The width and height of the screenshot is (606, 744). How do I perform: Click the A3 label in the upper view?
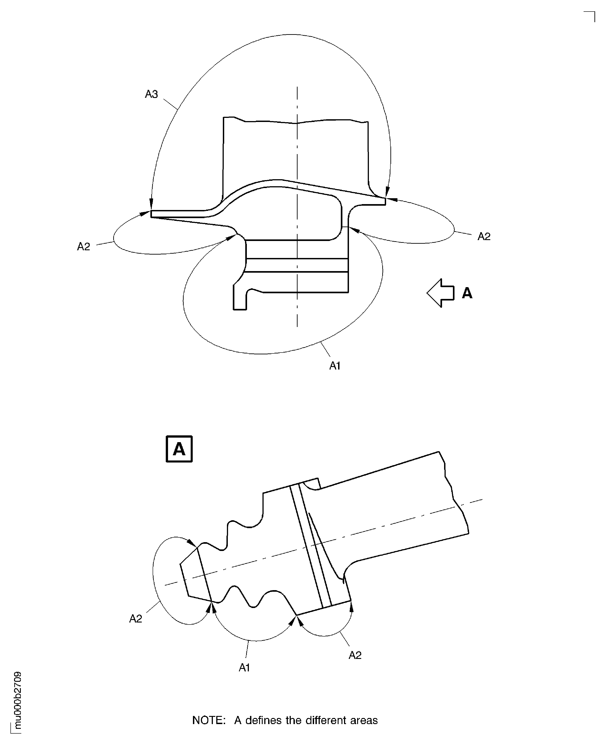151,94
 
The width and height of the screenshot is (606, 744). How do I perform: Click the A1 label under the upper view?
335,365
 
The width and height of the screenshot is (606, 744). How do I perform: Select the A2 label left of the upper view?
83,247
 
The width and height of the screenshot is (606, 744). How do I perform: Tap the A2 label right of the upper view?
484,236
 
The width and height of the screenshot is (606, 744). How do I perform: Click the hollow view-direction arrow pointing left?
440,293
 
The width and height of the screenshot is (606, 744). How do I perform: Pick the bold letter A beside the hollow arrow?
467,293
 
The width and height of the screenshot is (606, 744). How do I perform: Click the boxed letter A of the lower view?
179,449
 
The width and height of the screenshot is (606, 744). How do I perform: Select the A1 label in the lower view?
244,668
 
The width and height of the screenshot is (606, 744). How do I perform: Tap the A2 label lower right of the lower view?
355,655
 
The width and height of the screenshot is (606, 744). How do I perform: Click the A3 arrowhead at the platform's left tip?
151,204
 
